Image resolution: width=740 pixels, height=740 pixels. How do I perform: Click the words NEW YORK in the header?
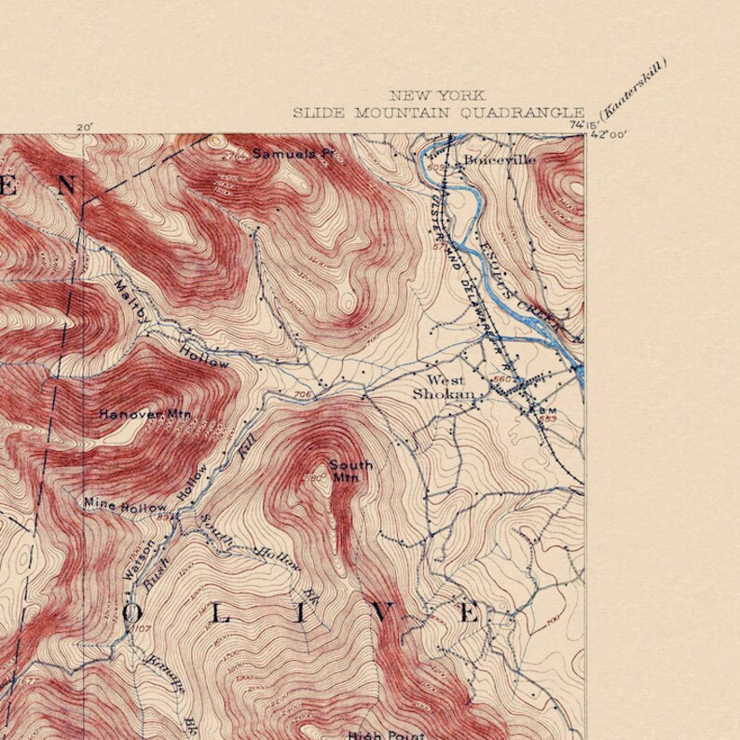tap(437, 96)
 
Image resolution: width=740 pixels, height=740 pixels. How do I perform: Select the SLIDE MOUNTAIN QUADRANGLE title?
tap(438, 113)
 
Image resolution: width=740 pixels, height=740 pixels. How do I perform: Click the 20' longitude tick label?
tap(85, 127)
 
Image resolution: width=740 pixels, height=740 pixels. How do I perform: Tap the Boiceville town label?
tap(500, 159)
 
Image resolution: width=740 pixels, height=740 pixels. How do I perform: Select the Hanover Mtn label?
tap(138, 413)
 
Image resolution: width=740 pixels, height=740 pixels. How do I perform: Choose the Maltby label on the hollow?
tap(131, 300)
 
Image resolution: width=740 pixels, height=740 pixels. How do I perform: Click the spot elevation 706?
tap(301, 395)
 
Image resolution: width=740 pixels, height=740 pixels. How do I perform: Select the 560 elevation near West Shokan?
tap(503, 379)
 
